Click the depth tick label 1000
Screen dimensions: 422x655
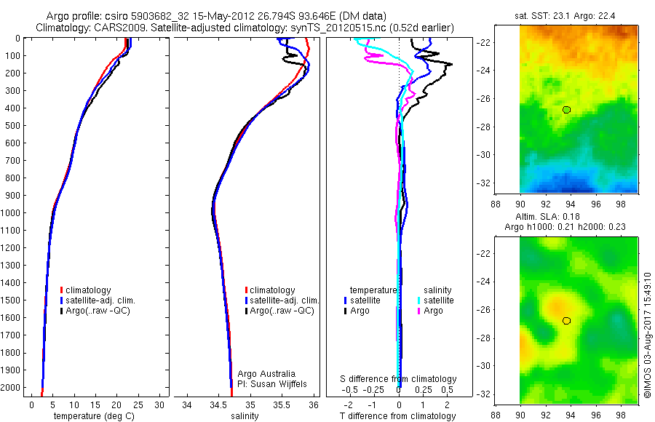tap(13, 213)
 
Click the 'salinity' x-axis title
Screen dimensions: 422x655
tap(245, 416)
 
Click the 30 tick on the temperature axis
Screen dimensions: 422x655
tap(160, 404)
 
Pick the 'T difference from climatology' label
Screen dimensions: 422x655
tap(397, 416)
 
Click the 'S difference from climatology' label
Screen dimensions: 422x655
tap(399, 379)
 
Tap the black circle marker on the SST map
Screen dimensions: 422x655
tap(567, 109)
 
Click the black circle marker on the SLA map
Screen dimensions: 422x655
tap(567, 320)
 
